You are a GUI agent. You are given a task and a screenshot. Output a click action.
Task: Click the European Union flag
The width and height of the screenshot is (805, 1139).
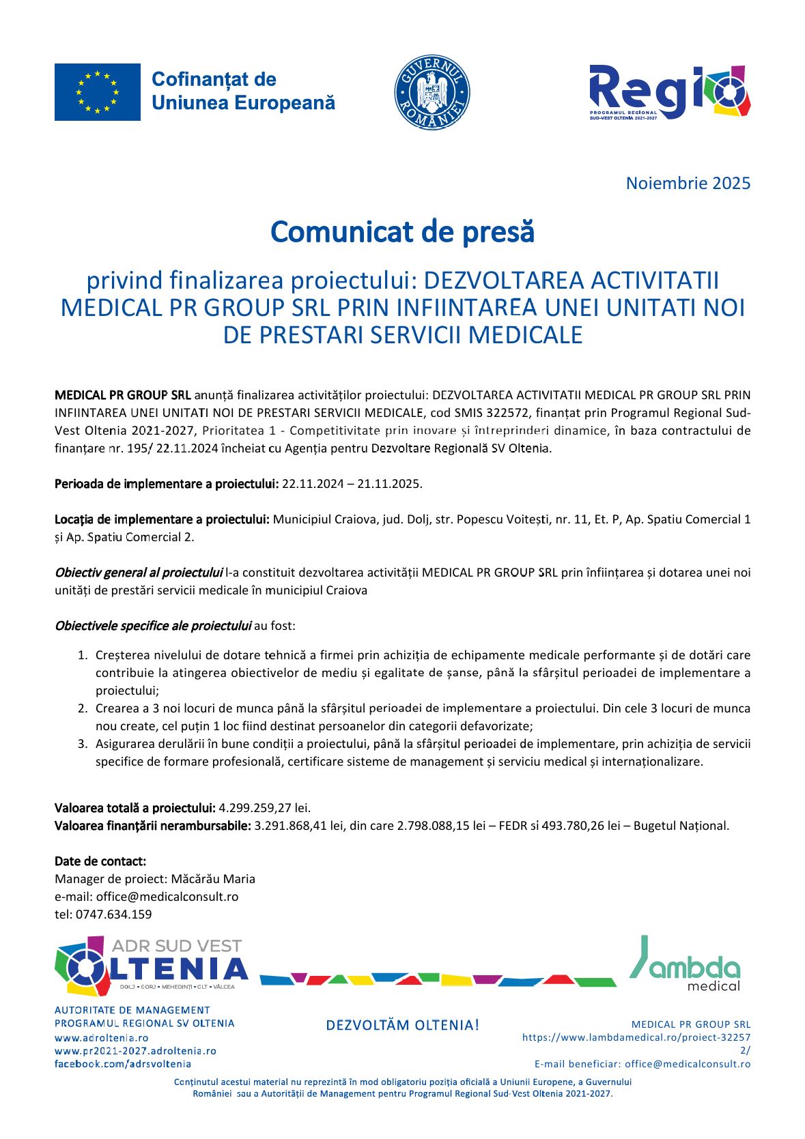[98, 92]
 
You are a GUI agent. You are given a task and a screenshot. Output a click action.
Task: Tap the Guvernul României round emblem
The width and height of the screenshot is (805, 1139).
[432, 92]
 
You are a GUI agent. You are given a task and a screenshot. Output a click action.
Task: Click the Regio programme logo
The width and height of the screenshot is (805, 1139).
[669, 92]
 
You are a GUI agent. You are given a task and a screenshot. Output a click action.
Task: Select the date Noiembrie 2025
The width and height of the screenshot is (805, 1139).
[688, 184]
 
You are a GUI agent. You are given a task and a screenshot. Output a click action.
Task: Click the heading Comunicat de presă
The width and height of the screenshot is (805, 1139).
[402, 232]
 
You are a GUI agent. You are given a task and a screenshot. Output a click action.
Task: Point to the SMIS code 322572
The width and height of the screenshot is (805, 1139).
[507, 413]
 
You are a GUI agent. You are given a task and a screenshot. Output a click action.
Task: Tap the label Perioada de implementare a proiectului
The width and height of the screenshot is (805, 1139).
[167, 484]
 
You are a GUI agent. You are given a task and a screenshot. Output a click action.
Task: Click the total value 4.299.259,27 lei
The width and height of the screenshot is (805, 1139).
[264, 808]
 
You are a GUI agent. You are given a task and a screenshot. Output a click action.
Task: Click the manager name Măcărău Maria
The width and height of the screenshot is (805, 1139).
[213, 879]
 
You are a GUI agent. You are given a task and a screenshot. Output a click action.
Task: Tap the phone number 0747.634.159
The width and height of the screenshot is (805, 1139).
[114, 914]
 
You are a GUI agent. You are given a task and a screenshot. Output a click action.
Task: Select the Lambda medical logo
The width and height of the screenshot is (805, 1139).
[685, 964]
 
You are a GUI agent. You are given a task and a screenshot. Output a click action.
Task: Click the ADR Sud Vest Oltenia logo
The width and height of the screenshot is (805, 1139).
[151, 966]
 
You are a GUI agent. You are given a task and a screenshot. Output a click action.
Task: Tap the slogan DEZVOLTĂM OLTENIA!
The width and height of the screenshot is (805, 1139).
[402, 1025]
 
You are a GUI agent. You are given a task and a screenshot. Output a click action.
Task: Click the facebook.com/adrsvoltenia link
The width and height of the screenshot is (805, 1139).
[123, 1064]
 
